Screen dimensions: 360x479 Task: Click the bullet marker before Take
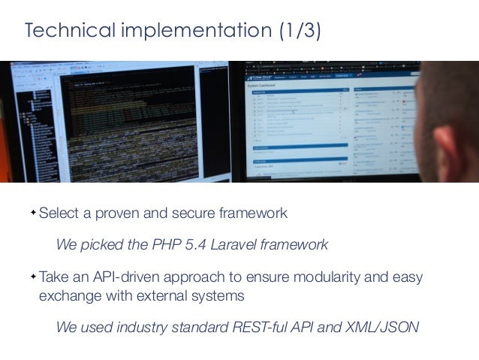click(33, 277)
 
